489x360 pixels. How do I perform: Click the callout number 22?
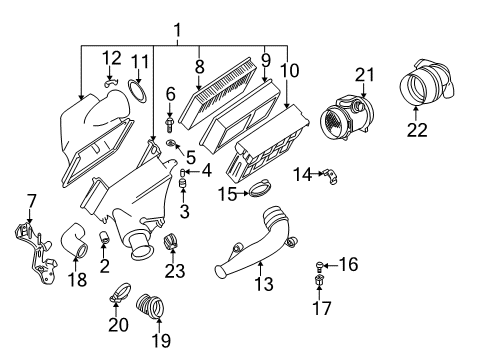click(x=417, y=130)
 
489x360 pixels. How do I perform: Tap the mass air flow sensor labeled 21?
click(x=346, y=118)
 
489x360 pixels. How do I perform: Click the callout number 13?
click(x=264, y=284)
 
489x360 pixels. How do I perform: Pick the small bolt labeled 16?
click(x=319, y=266)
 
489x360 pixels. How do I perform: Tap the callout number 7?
click(x=31, y=202)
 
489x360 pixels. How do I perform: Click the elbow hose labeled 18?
click(x=74, y=241)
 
